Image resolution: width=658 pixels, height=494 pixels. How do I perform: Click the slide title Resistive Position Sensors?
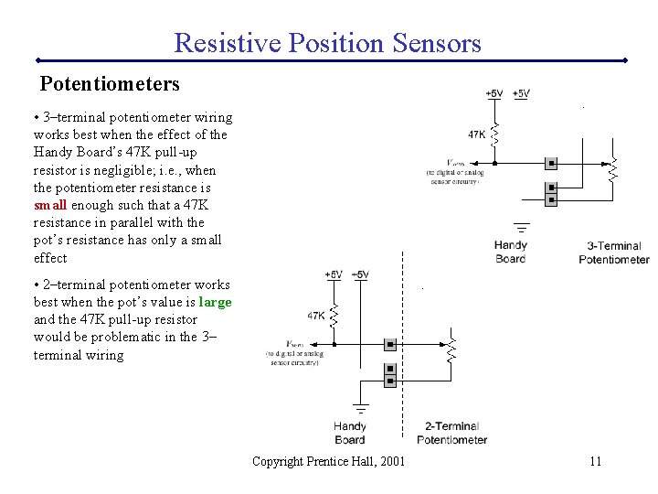point(327,42)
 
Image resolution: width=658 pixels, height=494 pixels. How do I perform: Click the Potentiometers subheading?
point(110,84)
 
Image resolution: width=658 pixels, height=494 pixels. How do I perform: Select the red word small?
point(50,205)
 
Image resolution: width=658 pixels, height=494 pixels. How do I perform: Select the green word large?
point(215,302)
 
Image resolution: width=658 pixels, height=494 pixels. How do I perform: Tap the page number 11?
point(595,461)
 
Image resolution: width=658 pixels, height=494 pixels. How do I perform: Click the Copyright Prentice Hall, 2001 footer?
point(328,461)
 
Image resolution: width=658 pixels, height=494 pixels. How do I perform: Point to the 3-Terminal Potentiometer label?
point(613,252)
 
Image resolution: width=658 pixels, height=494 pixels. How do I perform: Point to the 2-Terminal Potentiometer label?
point(451,433)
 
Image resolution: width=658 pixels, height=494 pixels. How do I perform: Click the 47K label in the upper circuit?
point(477,134)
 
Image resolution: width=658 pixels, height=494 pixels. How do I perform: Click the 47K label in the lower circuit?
point(316,316)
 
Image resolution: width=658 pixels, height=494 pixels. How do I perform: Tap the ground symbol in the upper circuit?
point(522,224)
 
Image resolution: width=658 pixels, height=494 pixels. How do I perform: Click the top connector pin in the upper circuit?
point(551,164)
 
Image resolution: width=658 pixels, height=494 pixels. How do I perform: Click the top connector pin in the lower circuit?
point(390,345)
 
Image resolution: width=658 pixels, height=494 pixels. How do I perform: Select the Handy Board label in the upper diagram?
point(510,252)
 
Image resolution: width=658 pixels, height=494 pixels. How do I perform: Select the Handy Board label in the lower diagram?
point(349,433)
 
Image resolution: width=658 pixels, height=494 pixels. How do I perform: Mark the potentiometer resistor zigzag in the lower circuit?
point(451,349)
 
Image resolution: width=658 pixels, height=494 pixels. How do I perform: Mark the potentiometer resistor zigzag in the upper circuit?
point(613,167)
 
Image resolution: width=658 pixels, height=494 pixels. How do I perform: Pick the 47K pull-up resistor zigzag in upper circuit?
point(495,135)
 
